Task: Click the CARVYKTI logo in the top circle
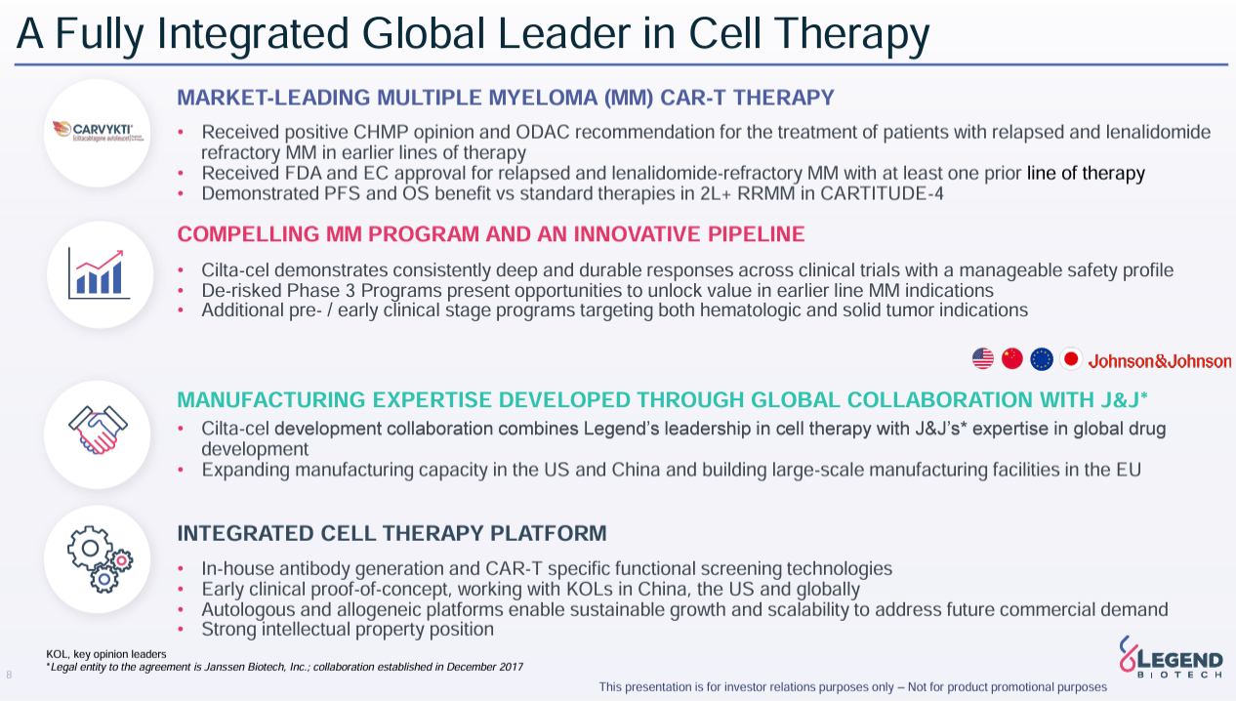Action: pos(99,132)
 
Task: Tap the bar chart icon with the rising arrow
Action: pos(99,272)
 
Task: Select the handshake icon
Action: pos(98,433)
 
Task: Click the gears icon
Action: pos(99,558)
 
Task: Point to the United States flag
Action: pos(982,359)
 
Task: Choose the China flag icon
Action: pos(1011,359)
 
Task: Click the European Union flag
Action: pos(1041,359)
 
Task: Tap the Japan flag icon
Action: pos(1070,359)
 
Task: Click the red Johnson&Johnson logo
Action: pos(1159,361)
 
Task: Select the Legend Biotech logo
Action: pos(1171,657)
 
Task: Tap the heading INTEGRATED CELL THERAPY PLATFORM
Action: pos(391,533)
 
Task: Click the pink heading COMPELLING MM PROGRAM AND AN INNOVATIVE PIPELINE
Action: pos(490,234)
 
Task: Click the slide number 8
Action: pos(9,675)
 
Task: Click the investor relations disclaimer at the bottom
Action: pos(852,687)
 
